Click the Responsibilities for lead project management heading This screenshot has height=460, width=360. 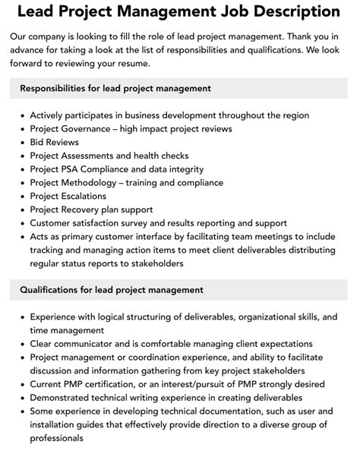(115, 89)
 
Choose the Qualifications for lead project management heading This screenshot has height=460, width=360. (111, 289)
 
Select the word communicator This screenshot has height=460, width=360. (90, 343)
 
